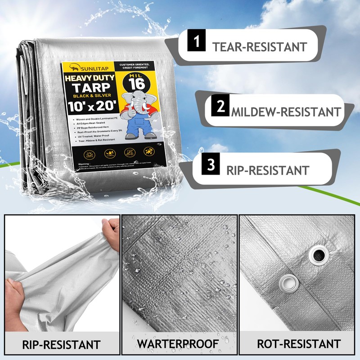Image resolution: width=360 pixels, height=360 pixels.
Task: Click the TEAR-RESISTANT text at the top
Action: tap(260, 47)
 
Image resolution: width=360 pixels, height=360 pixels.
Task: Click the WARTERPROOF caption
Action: tap(178, 344)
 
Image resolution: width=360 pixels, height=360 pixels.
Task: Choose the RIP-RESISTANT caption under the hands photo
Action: tap(62, 345)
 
